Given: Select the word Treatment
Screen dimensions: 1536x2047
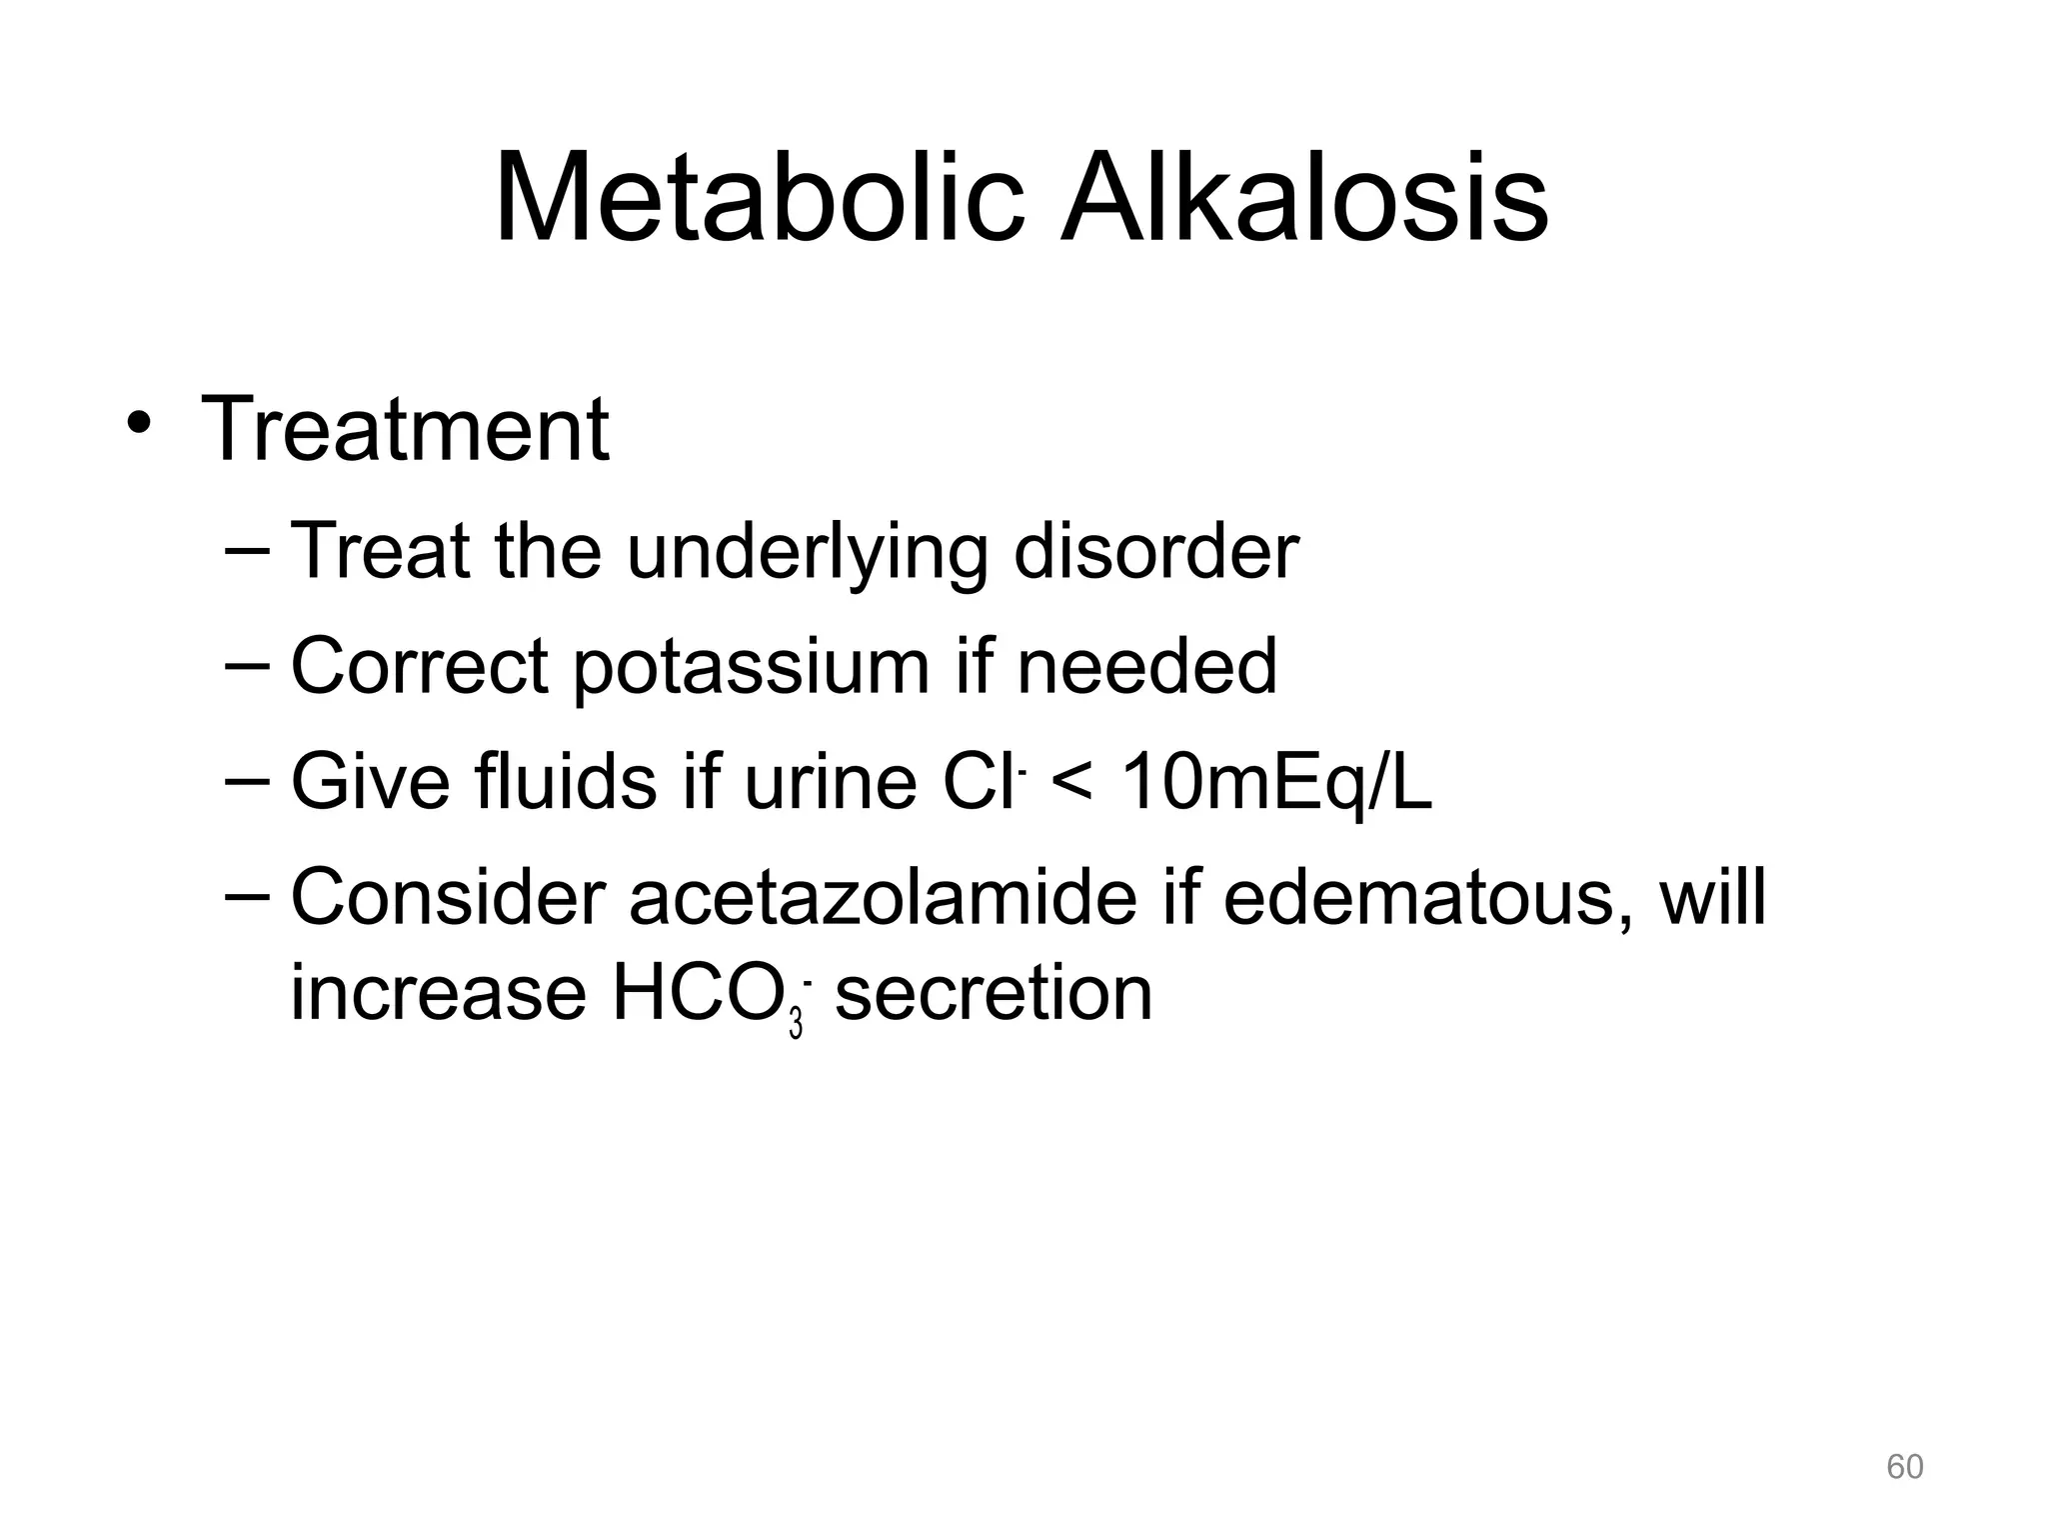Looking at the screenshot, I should point(405,430).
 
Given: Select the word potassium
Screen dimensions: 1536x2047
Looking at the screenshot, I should point(751,668).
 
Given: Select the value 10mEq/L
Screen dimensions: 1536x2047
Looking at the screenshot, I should point(1276,783).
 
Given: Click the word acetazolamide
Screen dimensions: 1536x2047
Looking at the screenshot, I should point(883,897).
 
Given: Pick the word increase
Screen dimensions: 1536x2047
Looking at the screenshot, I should point(438,995).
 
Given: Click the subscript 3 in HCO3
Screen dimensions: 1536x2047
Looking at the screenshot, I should point(796,1025).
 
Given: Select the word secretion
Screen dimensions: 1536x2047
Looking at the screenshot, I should point(994,995).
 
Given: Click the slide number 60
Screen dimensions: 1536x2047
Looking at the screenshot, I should point(1904,1467).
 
